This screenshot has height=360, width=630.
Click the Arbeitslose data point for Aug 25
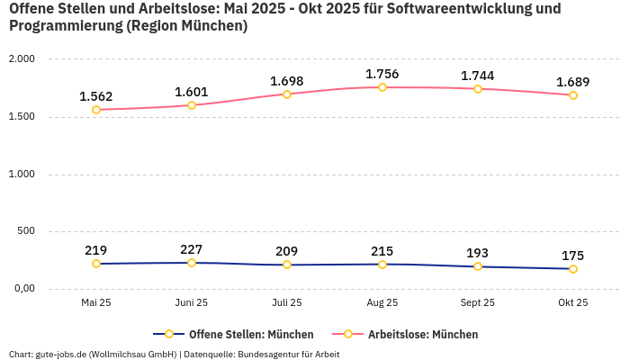tap(382, 87)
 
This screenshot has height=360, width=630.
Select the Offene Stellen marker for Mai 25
tap(96, 264)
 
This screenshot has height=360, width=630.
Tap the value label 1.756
tap(382, 74)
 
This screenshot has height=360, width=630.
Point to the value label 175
tap(573, 256)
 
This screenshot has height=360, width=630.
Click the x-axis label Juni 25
tap(192, 303)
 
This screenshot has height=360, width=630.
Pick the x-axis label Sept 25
tap(478, 303)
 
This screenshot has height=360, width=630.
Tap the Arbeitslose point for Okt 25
tap(573, 95)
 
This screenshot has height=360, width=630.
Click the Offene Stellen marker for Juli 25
tap(287, 265)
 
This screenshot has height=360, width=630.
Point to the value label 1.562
tap(96, 96)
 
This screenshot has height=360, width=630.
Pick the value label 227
tap(192, 249)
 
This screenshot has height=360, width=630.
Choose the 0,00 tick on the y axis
tap(22, 289)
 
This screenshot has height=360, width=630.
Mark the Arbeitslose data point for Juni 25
tap(192, 105)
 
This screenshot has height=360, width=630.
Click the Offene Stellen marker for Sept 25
tap(478, 266)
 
